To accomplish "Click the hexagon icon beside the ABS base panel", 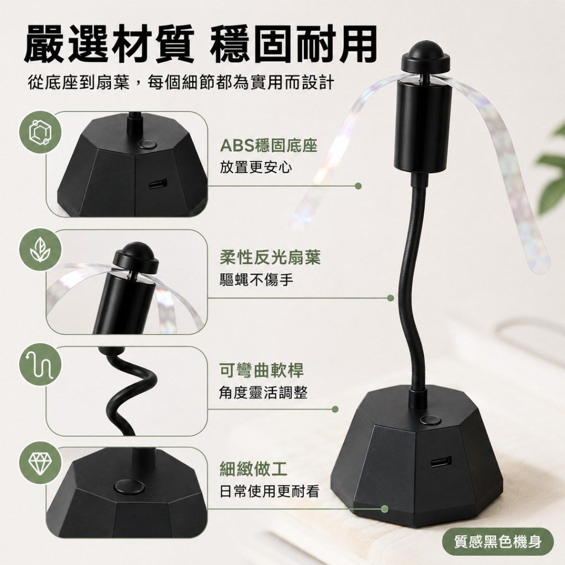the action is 40,132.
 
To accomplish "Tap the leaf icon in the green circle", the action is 40,250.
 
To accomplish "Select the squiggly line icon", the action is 40,366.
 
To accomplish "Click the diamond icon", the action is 40,463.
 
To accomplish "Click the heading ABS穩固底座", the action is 269,146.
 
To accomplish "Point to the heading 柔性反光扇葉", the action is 270,258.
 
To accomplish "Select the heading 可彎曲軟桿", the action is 262,370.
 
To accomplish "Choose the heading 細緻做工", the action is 253,469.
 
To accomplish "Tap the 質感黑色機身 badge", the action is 499,541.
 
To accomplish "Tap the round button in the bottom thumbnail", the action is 129,487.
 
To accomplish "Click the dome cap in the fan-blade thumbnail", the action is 136,257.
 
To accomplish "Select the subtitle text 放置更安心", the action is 256,167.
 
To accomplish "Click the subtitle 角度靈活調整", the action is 263,392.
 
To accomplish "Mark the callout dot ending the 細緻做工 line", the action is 385,509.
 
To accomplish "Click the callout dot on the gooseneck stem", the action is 391,298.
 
